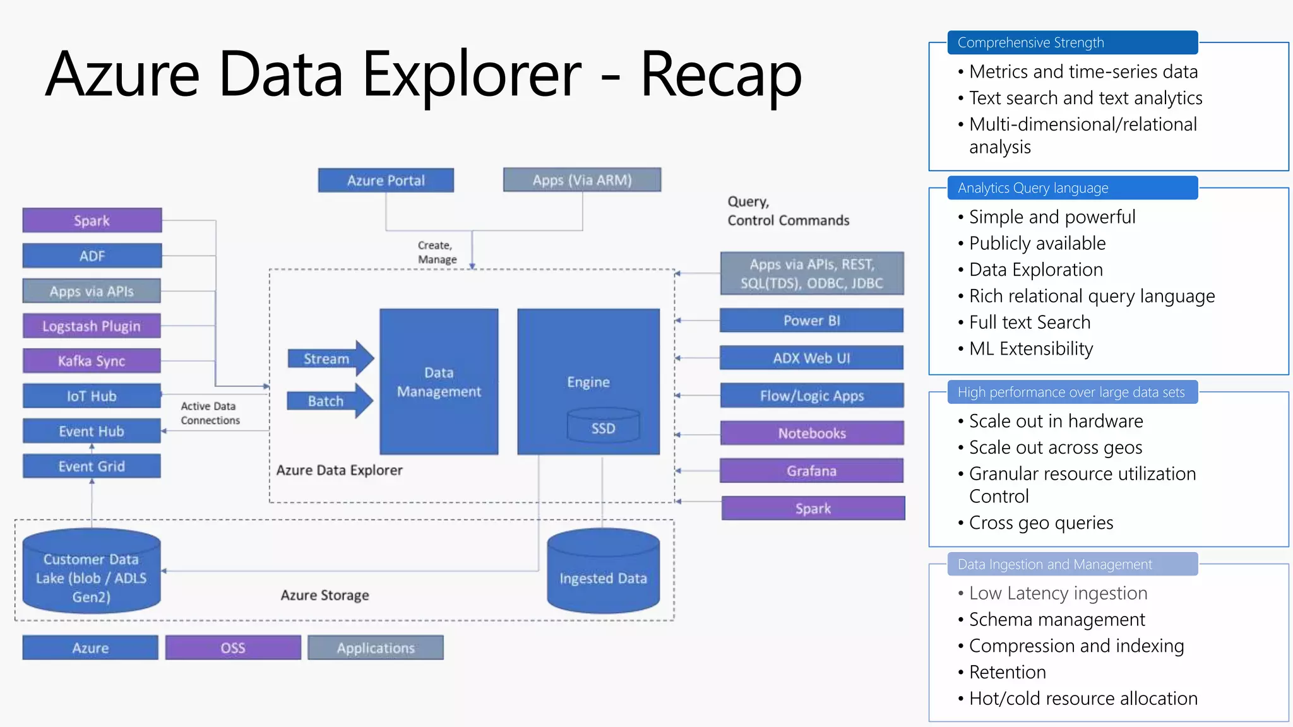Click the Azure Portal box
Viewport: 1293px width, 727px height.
tap(386, 180)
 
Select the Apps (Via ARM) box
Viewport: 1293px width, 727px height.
tap(582, 180)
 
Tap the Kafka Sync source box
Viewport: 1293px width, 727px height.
tap(92, 361)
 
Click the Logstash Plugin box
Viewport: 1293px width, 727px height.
tap(92, 326)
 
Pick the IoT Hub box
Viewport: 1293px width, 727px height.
tap(92, 396)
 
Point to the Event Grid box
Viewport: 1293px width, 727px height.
tap(92, 466)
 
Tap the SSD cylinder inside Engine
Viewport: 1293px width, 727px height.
tap(603, 426)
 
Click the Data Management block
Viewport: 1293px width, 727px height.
tap(439, 382)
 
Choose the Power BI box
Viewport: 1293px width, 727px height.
tap(811, 321)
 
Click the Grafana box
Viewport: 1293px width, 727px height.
tap(811, 471)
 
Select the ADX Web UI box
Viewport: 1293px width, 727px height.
tap(811, 358)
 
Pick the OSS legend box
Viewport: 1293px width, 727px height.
tap(233, 648)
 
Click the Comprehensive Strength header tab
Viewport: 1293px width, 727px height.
tap(1072, 42)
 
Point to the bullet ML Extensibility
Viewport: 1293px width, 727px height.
tap(1030, 349)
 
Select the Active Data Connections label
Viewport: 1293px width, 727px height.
tap(210, 413)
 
